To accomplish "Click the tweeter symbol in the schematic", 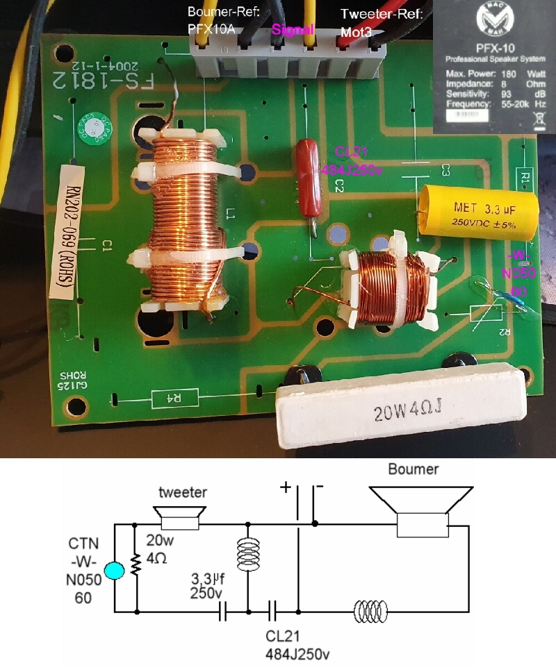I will (179, 517).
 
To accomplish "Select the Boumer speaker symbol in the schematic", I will (420, 510).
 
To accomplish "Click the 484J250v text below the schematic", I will (297, 654).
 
